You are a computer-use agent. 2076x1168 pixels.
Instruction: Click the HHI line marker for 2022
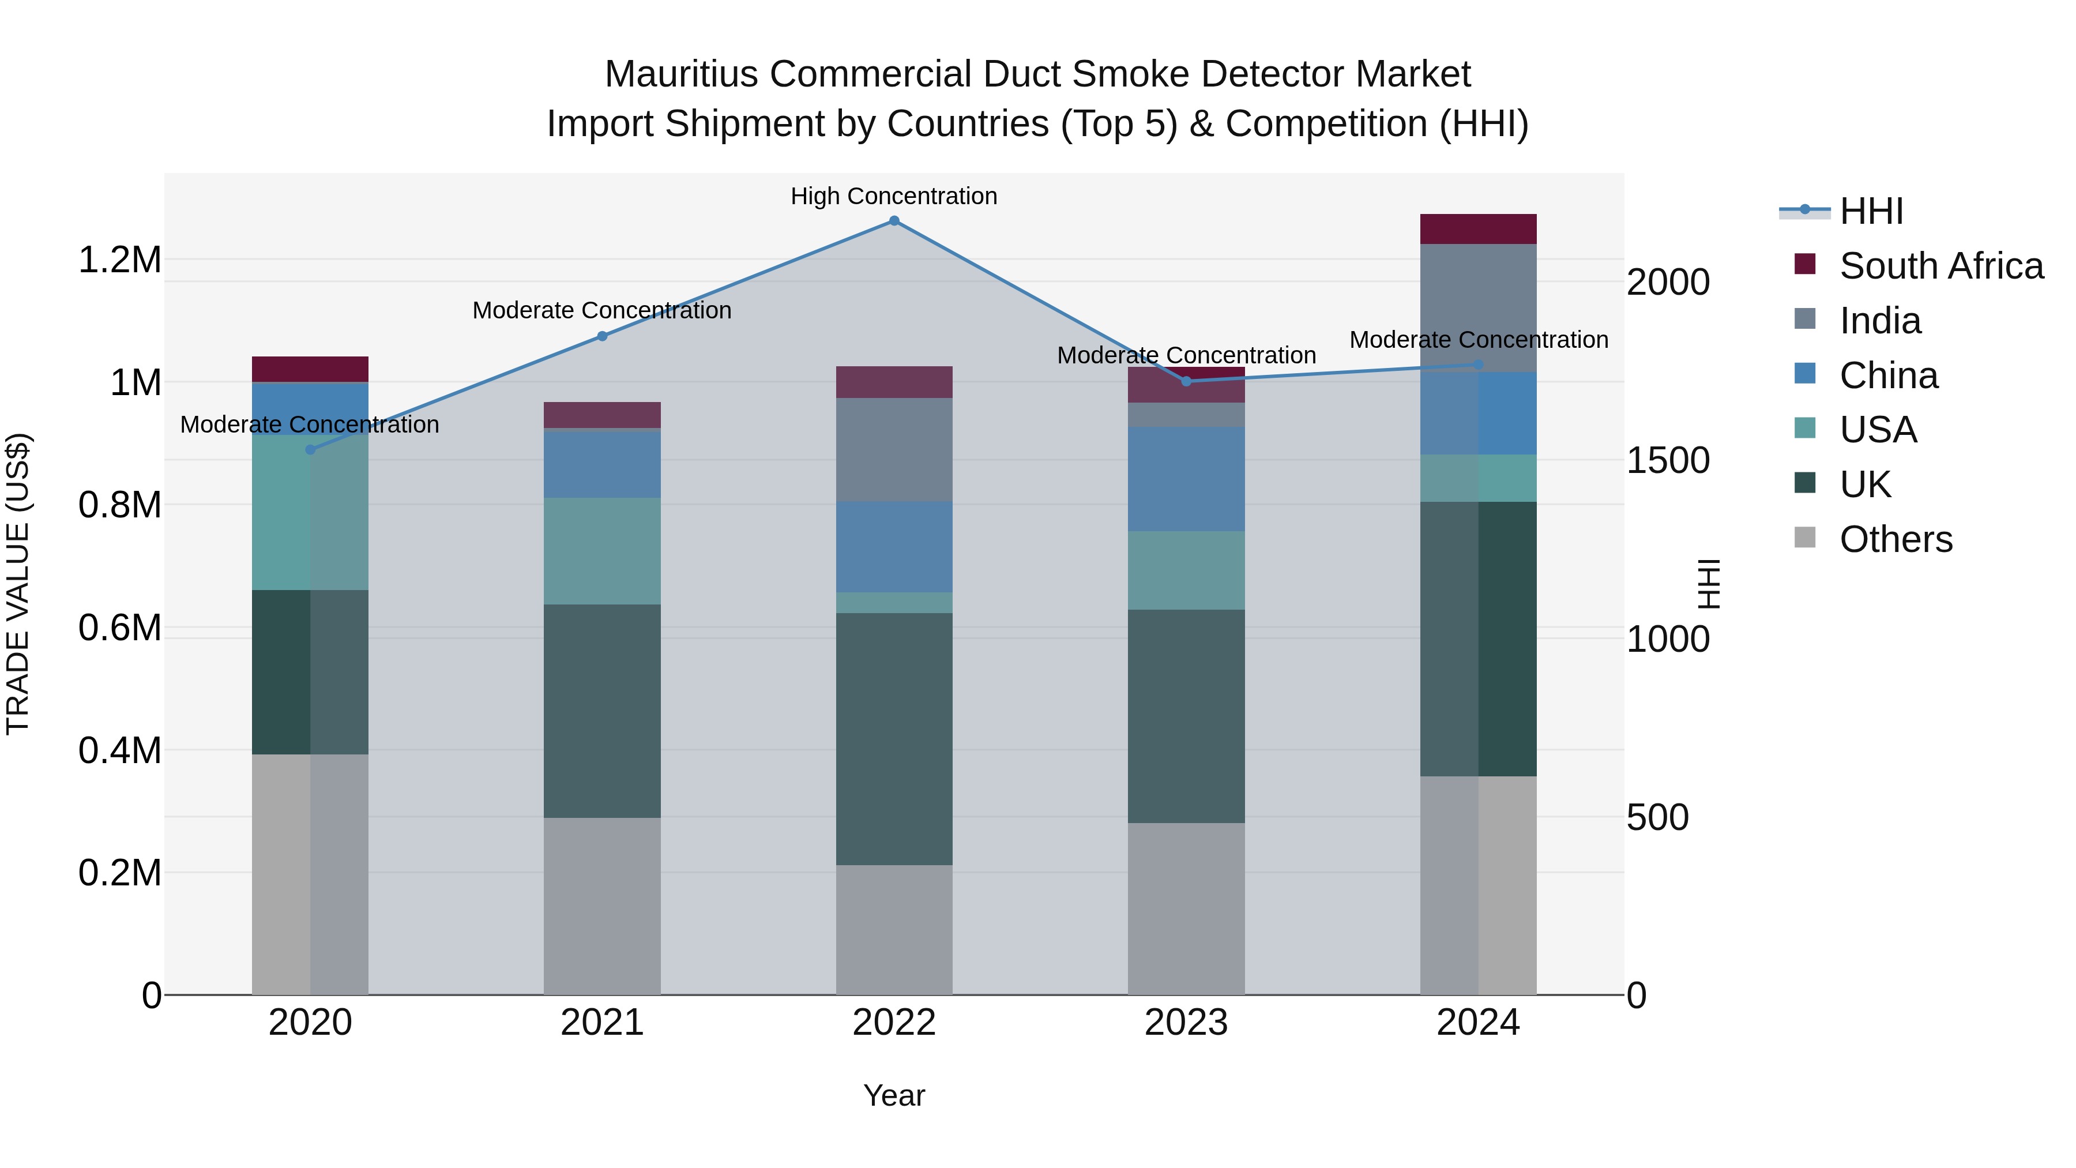click(x=894, y=221)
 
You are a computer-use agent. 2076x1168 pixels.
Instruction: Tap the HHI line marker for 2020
click(x=310, y=450)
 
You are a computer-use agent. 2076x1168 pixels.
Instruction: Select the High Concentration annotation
click(x=894, y=197)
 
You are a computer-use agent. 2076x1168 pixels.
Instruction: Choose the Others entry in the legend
click(x=1896, y=539)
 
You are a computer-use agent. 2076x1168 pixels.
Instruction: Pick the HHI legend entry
click(x=1871, y=211)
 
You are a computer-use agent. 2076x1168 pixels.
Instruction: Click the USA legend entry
click(x=1878, y=430)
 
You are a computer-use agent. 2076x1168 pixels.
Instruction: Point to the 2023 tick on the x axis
click(x=1186, y=1023)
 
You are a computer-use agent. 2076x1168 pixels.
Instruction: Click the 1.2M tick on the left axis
click(x=119, y=260)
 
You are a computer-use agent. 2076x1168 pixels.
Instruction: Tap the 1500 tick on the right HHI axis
click(x=1667, y=461)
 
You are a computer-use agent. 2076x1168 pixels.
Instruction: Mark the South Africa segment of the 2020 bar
click(x=310, y=369)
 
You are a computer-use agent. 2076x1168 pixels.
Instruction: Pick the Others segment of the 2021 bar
click(x=602, y=906)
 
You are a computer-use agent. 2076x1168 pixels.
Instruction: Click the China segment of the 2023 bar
click(x=1186, y=479)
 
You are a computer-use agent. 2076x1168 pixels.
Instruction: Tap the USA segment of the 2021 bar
click(x=602, y=551)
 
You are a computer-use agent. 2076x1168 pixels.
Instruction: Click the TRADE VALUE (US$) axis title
click(x=18, y=584)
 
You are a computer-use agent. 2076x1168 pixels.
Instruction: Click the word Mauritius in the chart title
click(x=681, y=75)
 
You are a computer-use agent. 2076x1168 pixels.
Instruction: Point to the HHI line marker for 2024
click(x=1478, y=365)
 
